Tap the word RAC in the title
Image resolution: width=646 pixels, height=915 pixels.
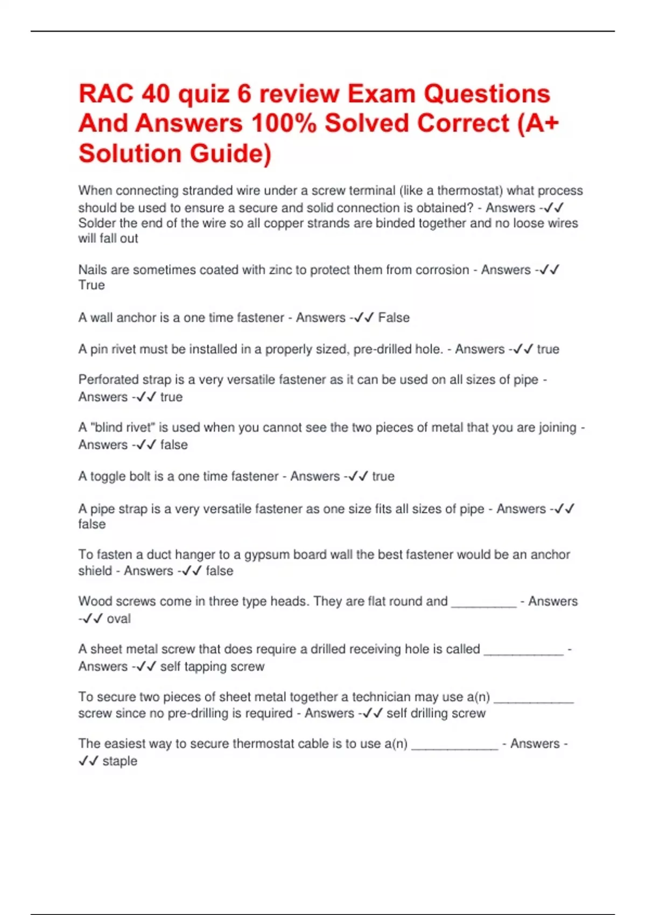tap(106, 94)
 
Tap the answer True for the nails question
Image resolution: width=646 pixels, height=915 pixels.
tap(92, 285)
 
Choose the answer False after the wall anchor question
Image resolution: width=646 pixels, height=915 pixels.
tap(394, 318)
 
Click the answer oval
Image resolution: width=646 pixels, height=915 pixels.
tap(118, 618)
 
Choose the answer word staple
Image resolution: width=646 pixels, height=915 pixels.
tap(120, 761)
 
